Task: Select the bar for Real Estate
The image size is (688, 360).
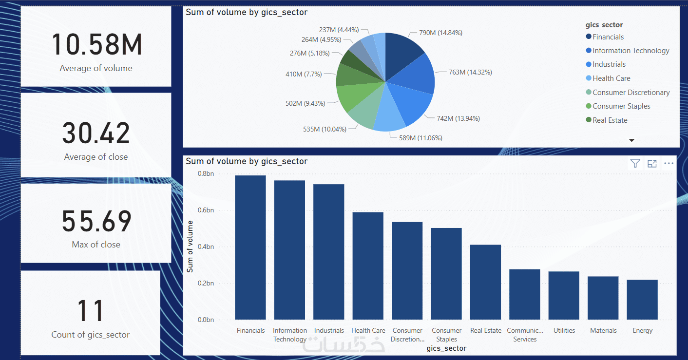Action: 485,282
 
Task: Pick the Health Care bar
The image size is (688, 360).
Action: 368,266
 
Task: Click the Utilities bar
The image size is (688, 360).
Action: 564,296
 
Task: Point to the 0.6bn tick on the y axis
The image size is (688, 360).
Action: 206,210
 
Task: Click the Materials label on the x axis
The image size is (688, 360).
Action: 603,330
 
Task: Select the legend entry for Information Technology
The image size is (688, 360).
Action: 631,51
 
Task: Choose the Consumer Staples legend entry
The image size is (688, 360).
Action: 621,106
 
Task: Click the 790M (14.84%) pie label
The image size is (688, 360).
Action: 440,33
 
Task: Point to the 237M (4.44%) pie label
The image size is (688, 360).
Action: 339,30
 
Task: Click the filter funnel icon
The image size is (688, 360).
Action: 635,163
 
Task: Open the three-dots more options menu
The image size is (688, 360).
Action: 669,163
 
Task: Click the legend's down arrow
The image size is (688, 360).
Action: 632,140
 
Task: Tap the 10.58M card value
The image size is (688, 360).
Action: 96,44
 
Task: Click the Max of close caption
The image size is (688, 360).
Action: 96,245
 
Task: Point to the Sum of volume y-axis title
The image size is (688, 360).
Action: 190,246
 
